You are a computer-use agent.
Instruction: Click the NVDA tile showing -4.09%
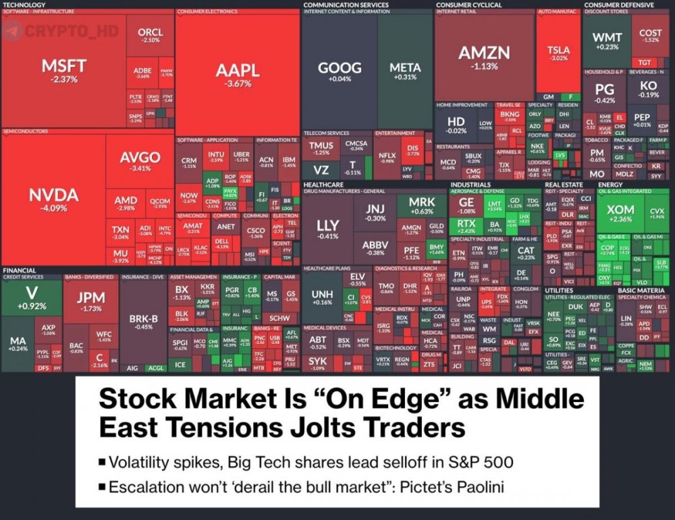(x=53, y=199)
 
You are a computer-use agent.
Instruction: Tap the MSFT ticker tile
(x=64, y=70)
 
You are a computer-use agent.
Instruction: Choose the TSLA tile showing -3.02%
(x=558, y=54)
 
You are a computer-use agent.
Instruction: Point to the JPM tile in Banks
(x=90, y=301)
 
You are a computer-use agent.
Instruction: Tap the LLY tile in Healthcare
(x=328, y=229)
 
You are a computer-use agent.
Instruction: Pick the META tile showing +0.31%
(x=405, y=71)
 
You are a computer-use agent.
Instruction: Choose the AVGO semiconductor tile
(x=140, y=162)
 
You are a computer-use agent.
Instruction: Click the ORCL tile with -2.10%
(x=150, y=36)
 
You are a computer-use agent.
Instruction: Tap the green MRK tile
(x=422, y=206)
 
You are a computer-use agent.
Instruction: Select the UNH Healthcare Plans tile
(x=323, y=297)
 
